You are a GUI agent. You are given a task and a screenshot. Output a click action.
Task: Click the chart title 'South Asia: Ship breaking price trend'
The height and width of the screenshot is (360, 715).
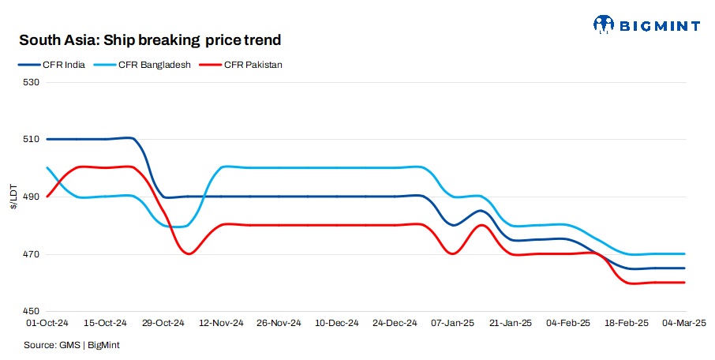pos(150,39)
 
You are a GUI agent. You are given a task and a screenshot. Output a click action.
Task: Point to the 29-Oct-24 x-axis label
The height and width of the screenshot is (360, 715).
pos(163,323)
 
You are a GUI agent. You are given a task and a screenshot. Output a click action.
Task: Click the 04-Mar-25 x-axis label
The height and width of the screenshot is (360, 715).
pos(683,323)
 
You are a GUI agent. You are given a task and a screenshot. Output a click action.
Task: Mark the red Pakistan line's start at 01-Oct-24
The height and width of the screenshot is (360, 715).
pos(48,197)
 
